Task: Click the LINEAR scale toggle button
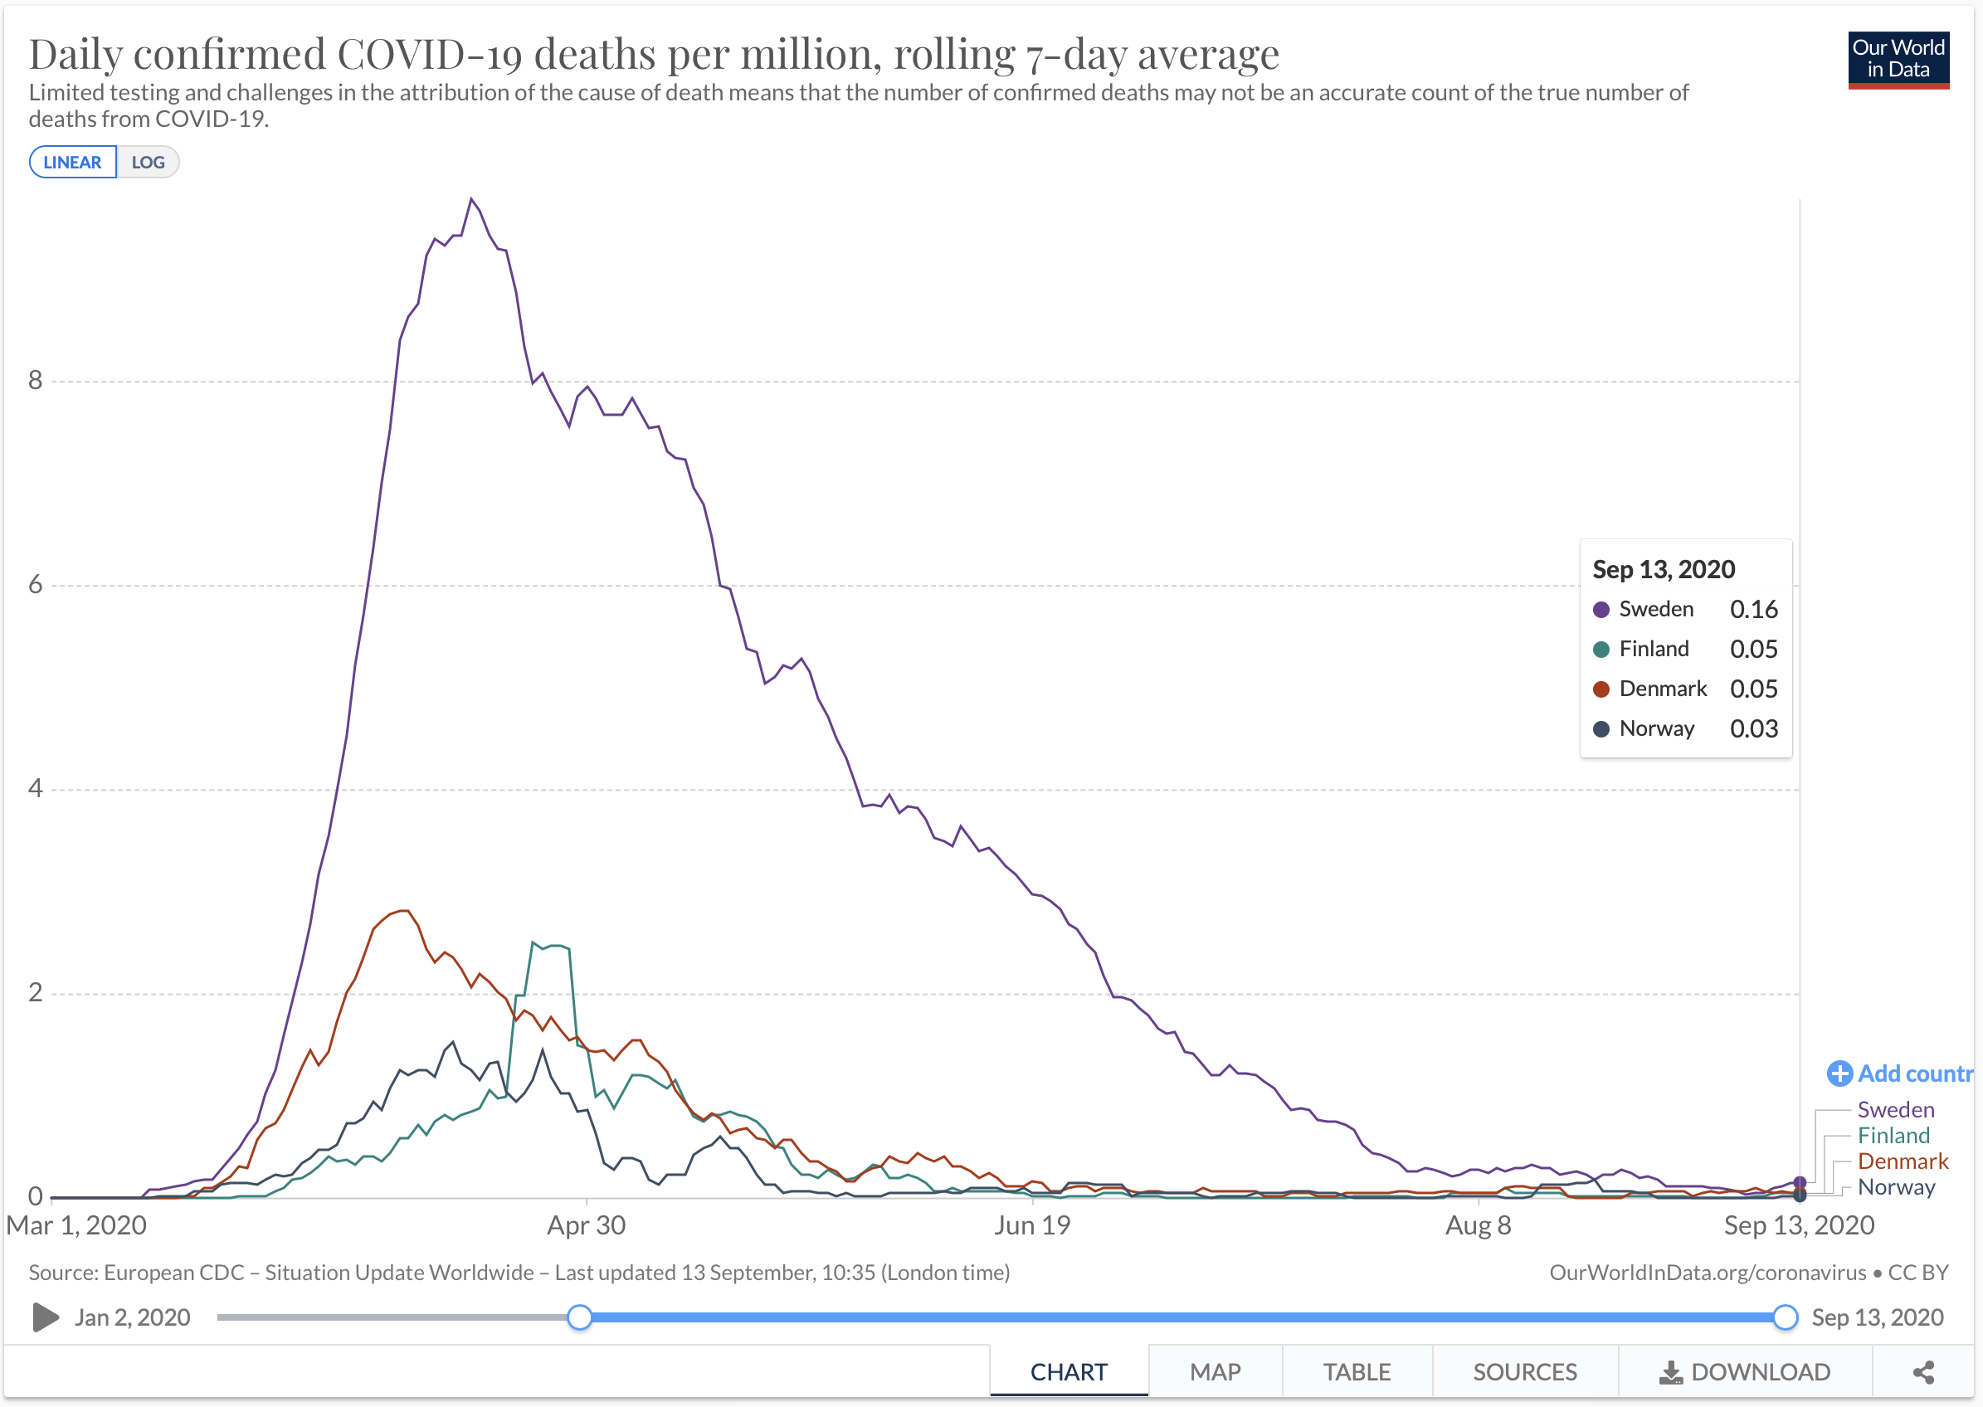click(73, 162)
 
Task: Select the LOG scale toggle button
click(149, 162)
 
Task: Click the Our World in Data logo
click(1898, 60)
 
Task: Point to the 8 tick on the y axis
click(35, 379)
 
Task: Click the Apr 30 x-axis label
click(586, 1225)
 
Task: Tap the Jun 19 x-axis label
click(1031, 1225)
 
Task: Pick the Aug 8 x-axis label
click(1477, 1225)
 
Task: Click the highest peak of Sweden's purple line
click(471, 199)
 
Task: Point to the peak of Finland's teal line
click(534, 942)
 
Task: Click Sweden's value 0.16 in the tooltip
click(1752, 609)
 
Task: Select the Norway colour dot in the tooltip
click(1601, 729)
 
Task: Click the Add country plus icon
click(1839, 1074)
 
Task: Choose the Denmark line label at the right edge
click(1902, 1161)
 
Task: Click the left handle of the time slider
click(580, 1317)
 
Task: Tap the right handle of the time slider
click(1785, 1317)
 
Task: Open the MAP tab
click(1215, 1371)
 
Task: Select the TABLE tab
click(1356, 1371)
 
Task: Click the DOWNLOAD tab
click(1744, 1371)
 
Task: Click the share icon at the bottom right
click(1923, 1371)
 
